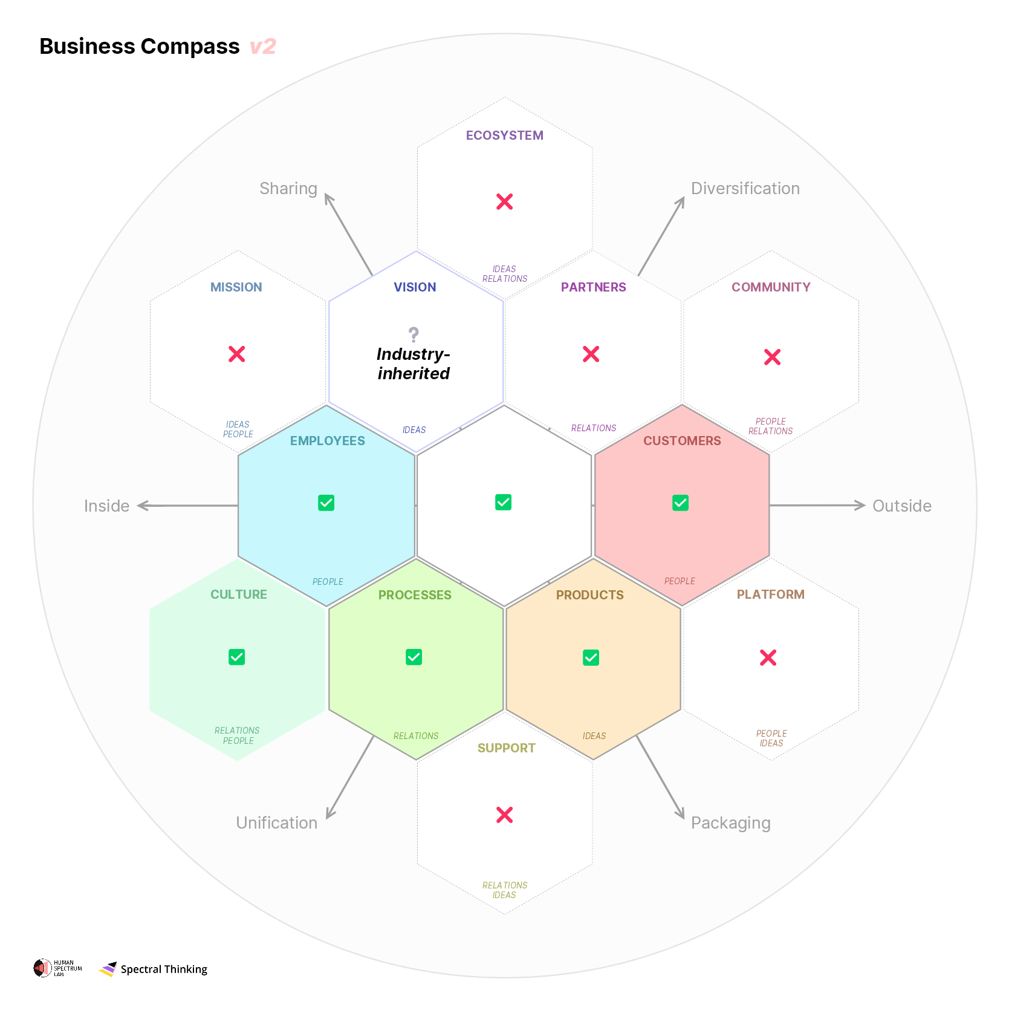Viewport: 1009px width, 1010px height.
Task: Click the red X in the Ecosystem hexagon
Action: click(504, 201)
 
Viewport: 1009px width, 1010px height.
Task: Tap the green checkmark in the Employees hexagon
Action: click(326, 503)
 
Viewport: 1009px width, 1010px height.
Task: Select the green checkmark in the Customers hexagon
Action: click(680, 503)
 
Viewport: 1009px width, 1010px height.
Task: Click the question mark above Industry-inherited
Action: click(414, 334)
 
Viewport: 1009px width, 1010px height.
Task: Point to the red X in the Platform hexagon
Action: click(768, 657)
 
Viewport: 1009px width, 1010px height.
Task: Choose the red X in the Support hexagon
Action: click(504, 815)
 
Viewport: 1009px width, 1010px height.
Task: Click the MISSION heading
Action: click(236, 287)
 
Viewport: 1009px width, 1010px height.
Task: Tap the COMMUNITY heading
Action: click(771, 287)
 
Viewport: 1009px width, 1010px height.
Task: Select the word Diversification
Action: click(745, 189)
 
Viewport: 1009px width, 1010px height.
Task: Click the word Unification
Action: click(276, 823)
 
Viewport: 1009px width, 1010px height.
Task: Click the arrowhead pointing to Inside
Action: click(143, 506)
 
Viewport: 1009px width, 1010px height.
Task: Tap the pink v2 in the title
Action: click(262, 47)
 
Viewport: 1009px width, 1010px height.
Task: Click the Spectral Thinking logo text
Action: click(164, 969)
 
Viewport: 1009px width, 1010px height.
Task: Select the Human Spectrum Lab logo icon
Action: click(42, 968)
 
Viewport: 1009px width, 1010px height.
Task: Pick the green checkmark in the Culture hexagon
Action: click(237, 657)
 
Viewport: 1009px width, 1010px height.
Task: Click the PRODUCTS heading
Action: click(589, 595)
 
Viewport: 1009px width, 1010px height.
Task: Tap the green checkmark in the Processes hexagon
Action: click(414, 657)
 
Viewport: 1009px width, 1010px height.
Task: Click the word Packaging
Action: click(730, 823)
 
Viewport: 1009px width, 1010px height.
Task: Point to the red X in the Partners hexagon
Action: click(591, 354)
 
